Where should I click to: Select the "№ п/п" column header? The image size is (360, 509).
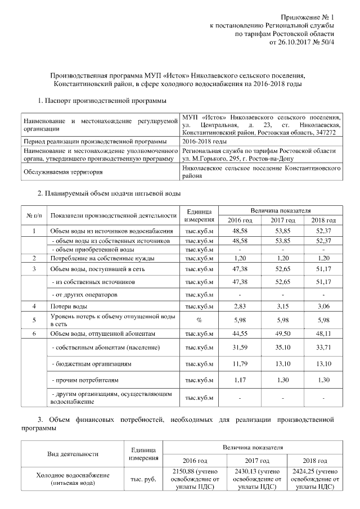[33, 215]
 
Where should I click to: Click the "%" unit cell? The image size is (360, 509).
[199, 320]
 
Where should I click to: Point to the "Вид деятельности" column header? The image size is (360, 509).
[71, 453]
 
